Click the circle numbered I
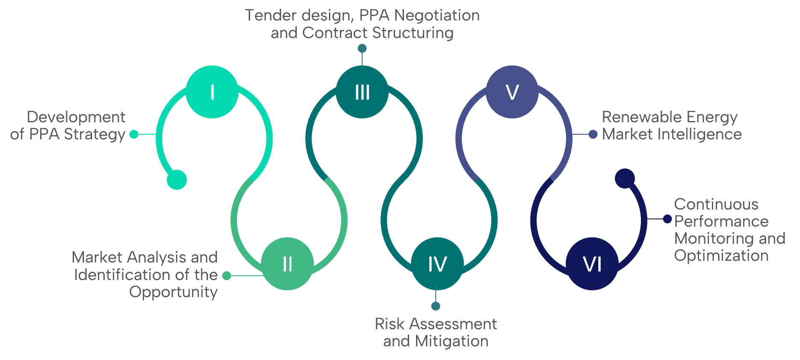coord(212,92)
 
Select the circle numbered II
coord(287,264)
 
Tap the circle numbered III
coord(362,92)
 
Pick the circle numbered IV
coord(437,264)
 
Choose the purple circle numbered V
coord(512,92)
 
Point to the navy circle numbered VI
coord(592,264)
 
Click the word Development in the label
coord(76,117)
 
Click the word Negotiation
coord(437,15)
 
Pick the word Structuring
coord(413,33)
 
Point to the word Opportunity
coord(174,292)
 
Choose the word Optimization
coord(721,256)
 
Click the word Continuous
coord(716,204)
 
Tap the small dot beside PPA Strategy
coord(134,134)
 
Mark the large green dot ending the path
coord(177,180)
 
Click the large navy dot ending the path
coord(625,178)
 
